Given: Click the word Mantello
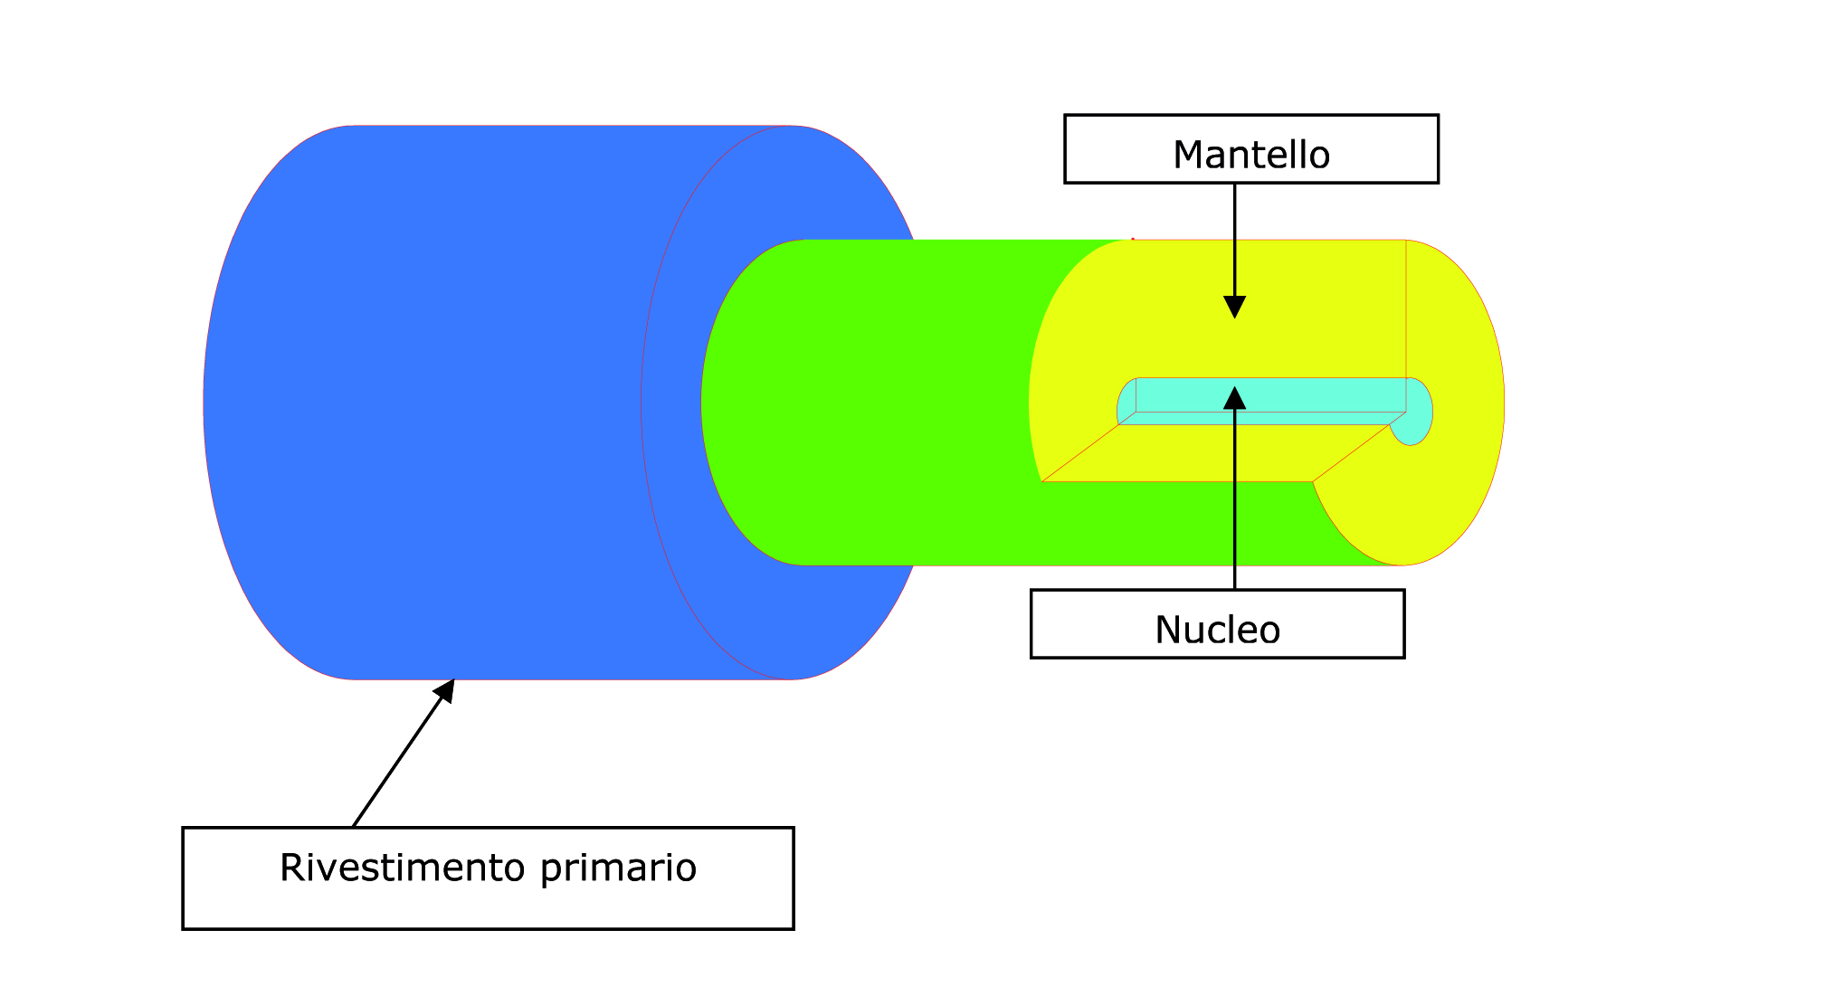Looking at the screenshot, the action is pyautogui.click(x=1251, y=155).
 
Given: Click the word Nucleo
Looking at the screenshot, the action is pyautogui.click(x=1217, y=630).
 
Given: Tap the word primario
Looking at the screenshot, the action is pyautogui.click(x=619, y=869).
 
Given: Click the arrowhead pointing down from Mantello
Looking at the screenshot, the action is pyautogui.click(x=1235, y=307).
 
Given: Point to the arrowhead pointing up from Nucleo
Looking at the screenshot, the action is pyautogui.click(x=1235, y=398).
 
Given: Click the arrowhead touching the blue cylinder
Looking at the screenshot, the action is pyautogui.click(x=444, y=691).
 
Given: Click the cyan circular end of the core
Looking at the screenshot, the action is pyautogui.click(x=1412, y=412).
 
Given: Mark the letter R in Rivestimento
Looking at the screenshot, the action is pyautogui.click(x=291, y=868).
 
